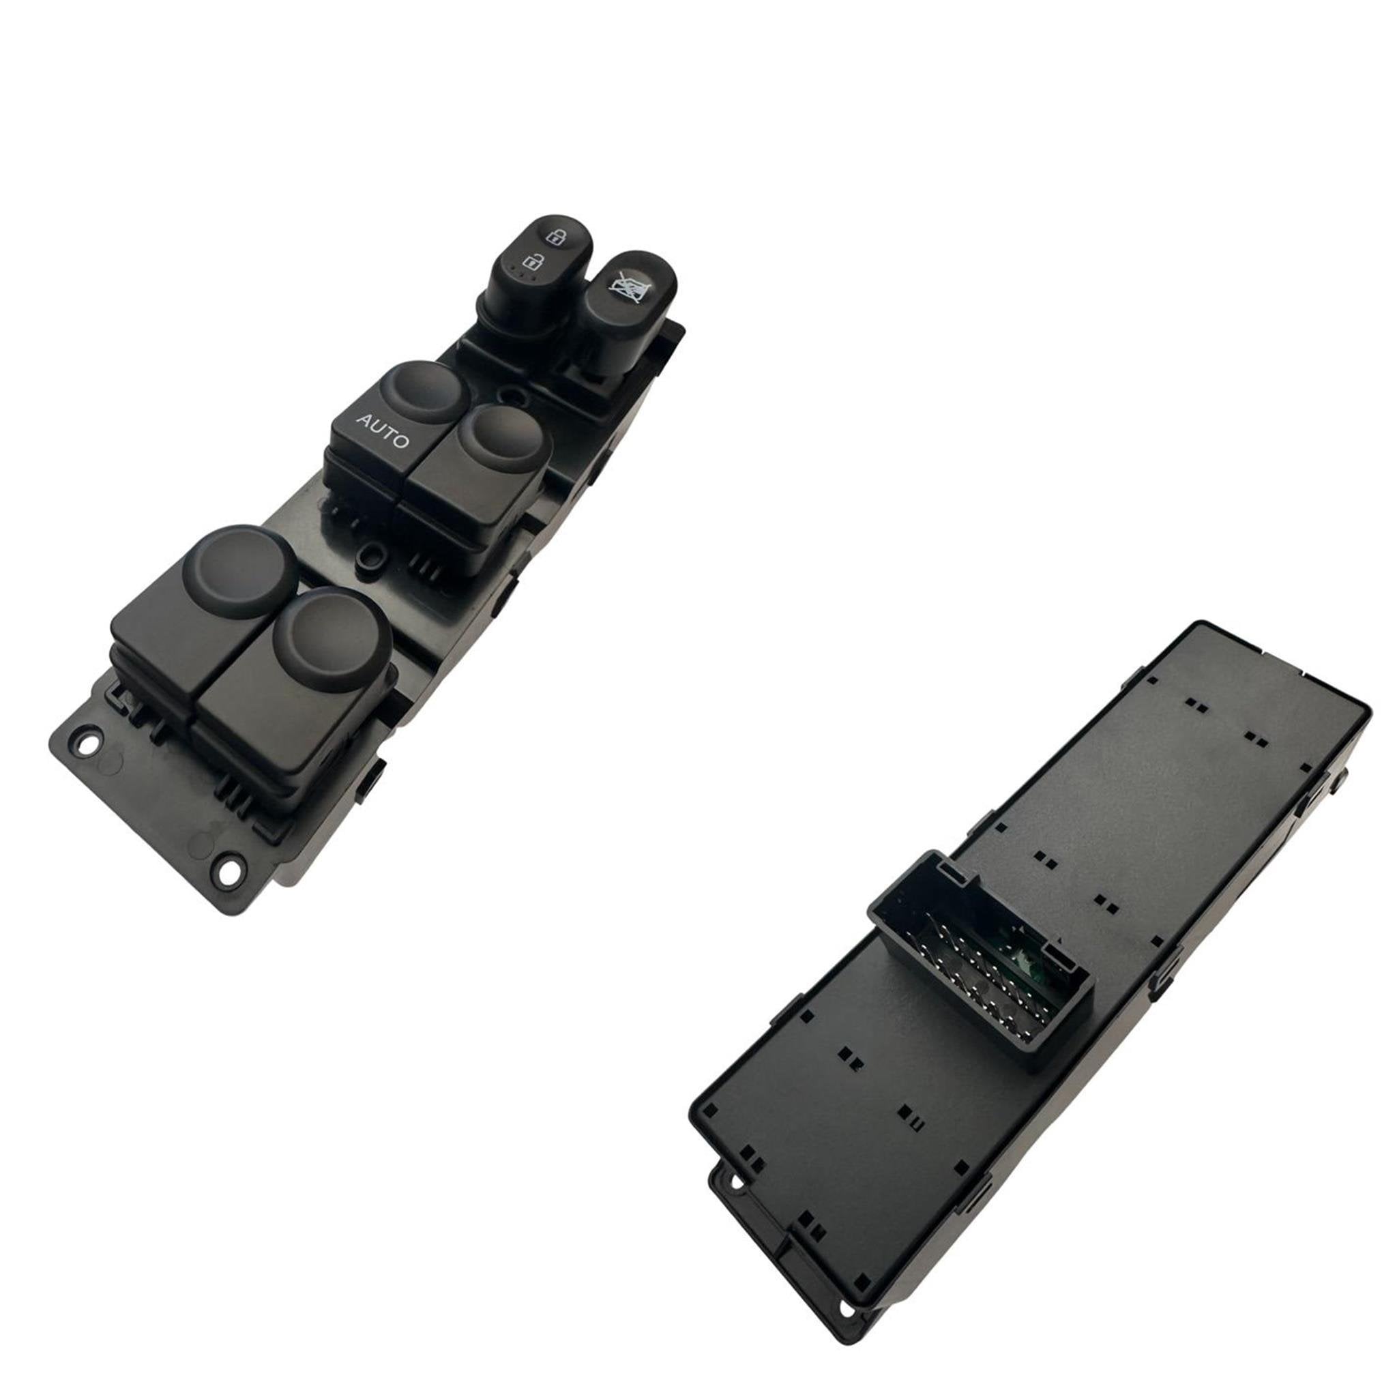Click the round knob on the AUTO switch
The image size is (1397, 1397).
[426, 393]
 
